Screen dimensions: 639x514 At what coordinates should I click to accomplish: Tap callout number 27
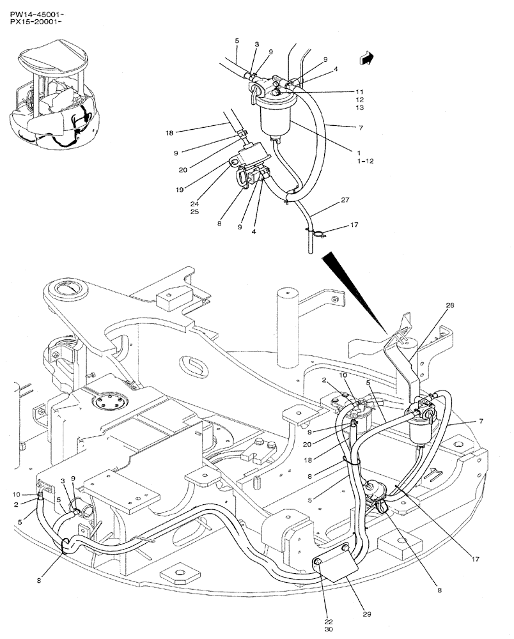coord(345,201)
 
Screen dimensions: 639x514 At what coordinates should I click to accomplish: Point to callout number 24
coord(194,204)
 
